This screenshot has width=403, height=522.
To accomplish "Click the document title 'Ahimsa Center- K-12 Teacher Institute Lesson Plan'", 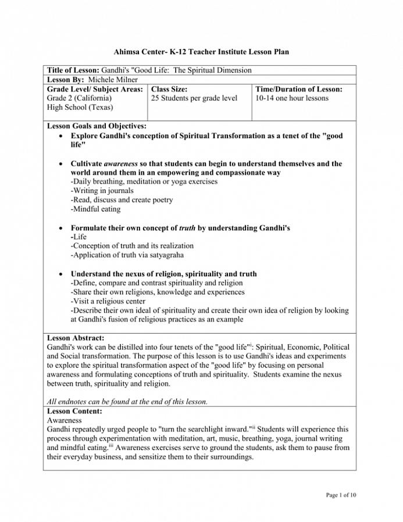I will click(x=201, y=52).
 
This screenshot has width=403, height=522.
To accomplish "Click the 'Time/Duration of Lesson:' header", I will click(x=299, y=89).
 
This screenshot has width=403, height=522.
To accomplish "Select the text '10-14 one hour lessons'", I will click(x=292, y=98).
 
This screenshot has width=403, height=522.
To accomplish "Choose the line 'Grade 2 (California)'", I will click(x=79, y=98).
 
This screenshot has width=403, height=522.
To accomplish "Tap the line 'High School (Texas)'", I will click(x=80, y=108).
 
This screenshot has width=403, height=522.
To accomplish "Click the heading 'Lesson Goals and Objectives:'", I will click(x=97, y=126).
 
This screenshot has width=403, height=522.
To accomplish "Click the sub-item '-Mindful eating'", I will click(x=95, y=209).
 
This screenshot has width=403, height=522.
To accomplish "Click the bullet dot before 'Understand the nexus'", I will click(x=62, y=274).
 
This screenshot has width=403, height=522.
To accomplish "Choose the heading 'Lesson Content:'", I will click(x=74, y=411).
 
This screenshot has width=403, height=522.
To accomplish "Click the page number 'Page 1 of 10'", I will click(x=341, y=495).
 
